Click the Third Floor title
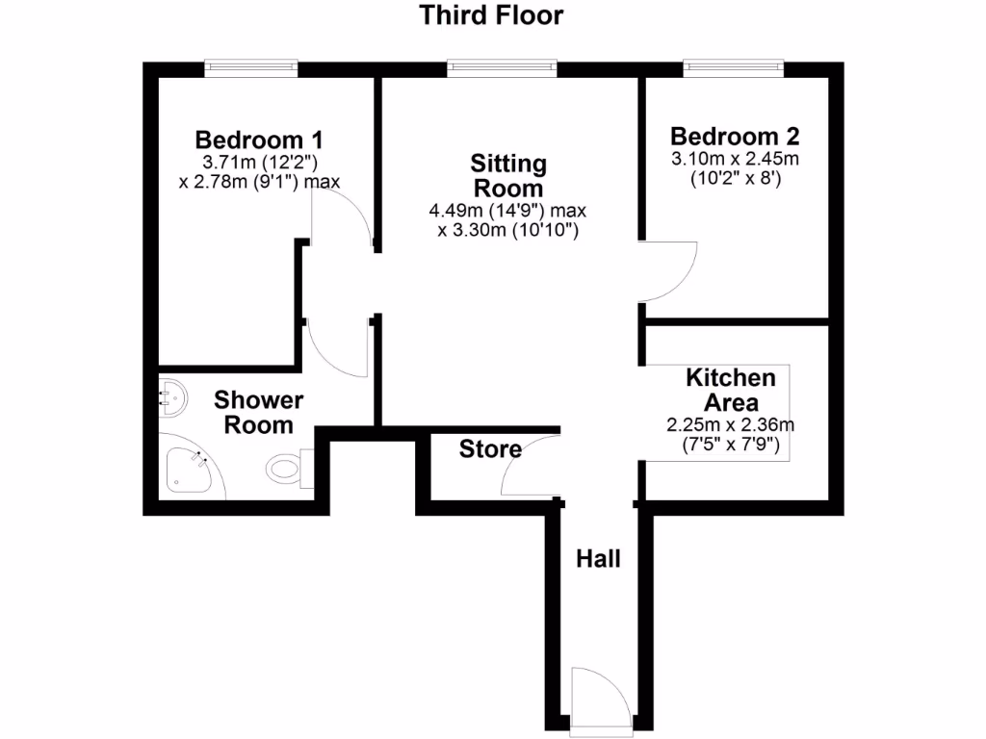click(491, 15)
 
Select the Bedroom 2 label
click(735, 136)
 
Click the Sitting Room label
click(507, 174)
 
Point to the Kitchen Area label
click(730, 390)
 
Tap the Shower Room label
click(258, 412)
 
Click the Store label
click(490, 448)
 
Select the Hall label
click(598, 558)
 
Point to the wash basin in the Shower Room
click(170, 395)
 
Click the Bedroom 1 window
click(250, 67)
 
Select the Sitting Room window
click(502, 67)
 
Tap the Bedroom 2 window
click(734, 67)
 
